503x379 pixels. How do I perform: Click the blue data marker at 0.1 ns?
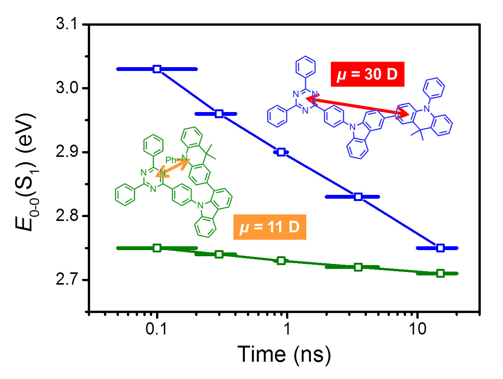[157, 69]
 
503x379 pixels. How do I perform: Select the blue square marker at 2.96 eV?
[219, 114]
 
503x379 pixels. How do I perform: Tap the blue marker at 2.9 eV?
[281, 152]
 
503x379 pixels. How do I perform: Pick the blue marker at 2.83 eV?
[358, 197]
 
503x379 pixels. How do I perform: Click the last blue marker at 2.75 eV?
[440, 248]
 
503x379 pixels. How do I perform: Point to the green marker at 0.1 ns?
[157, 248]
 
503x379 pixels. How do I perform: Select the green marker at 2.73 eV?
[281, 261]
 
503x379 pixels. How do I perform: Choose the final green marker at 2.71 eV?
[440, 273]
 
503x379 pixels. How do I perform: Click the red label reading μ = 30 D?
[367, 74]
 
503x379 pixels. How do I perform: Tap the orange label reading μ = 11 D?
[270, 227]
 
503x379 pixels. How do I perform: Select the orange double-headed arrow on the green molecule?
[173, 168]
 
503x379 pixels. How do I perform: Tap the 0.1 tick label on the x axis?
[156, 329]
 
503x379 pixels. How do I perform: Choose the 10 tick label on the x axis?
[417, 329]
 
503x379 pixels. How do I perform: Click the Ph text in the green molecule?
[171, 160]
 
